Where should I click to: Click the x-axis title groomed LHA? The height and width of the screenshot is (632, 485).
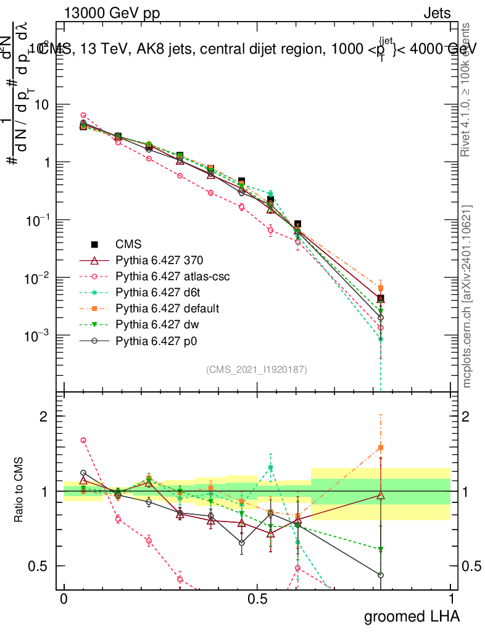412,616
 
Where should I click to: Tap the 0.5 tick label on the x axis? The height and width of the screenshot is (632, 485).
257,599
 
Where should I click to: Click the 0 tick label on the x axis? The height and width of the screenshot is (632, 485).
64,599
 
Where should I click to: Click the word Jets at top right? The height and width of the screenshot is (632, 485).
437,14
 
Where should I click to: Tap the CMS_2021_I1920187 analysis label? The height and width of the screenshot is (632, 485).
257,369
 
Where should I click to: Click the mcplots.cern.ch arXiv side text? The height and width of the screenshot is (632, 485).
467,296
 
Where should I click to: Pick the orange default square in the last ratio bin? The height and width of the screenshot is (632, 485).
381,447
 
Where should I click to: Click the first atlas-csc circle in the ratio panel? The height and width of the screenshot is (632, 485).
83,440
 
